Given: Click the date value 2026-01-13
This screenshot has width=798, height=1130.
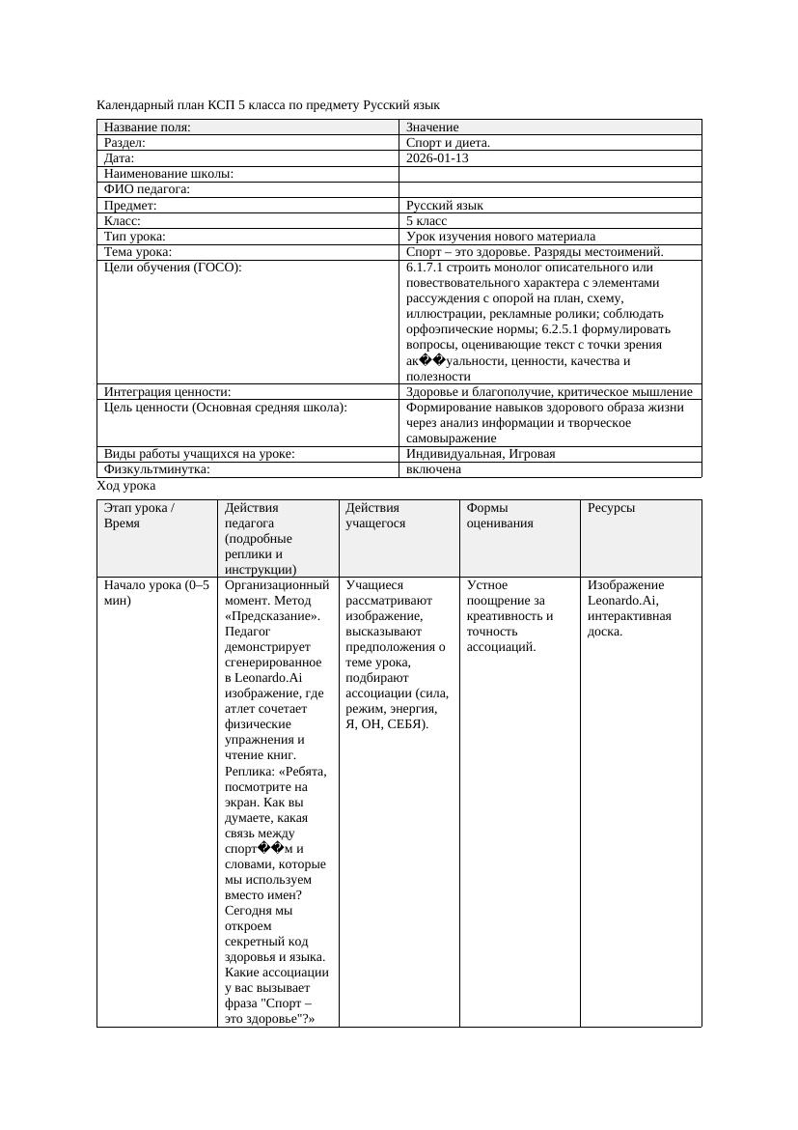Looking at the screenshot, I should click(437, 158).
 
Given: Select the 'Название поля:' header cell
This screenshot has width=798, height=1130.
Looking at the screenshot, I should click(148, 127).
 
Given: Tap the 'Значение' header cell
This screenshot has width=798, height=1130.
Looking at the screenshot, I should click(432, 127).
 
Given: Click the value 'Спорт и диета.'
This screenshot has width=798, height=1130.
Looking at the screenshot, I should click(448, 143).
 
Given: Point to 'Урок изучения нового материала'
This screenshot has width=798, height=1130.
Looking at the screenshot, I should click(500, 237).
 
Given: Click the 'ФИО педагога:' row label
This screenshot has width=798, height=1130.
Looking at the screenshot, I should click(147, 190).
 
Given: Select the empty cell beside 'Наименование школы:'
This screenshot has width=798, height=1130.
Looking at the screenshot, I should click(549, 174).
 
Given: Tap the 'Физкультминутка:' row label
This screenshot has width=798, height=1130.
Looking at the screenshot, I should click(156, 469).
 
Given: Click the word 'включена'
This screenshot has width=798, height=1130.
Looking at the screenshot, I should click(433, 469).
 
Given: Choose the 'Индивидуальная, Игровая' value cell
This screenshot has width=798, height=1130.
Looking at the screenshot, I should click(480, 454).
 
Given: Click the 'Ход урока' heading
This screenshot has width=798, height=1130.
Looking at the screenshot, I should click(126, 486).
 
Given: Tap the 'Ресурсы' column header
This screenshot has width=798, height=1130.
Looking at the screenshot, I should click(611, 507).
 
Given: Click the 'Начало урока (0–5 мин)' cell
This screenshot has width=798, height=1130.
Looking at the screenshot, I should click(155, 592).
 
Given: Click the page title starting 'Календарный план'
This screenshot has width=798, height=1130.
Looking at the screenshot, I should click(268, 104).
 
